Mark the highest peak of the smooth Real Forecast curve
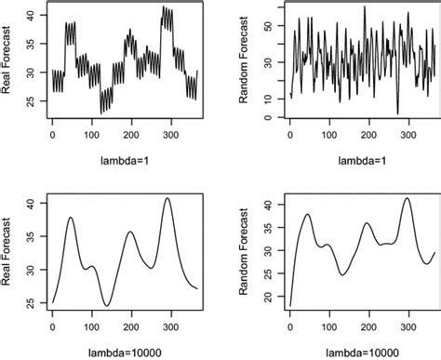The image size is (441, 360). coord(167,198)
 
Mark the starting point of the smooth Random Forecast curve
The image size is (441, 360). coord(290,305)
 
